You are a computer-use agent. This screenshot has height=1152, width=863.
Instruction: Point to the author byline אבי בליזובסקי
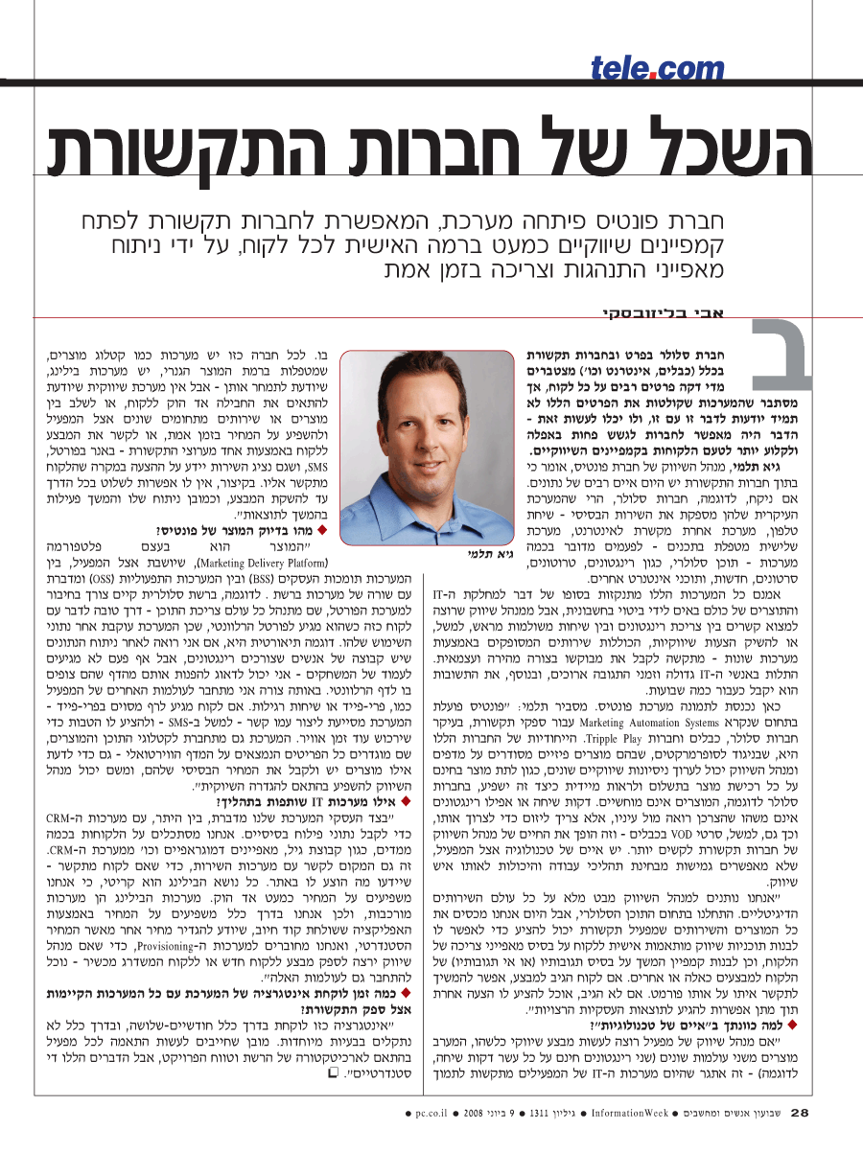point(669,313)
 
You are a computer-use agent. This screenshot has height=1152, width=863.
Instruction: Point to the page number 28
point(800,1113)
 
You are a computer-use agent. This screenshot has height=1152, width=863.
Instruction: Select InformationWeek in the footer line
point(627,1114)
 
